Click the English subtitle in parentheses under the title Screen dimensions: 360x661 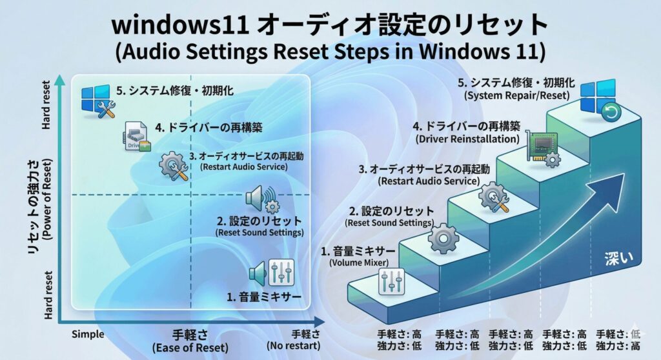pos(330,52)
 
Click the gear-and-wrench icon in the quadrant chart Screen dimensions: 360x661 pos(174,166)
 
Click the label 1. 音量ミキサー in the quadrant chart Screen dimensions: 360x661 pos(263,297)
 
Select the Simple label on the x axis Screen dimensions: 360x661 pos(87,334)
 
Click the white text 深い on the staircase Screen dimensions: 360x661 pos(618,256)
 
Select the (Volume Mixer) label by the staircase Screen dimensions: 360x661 pos(358,263)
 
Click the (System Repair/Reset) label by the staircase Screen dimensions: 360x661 pos(516,95)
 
